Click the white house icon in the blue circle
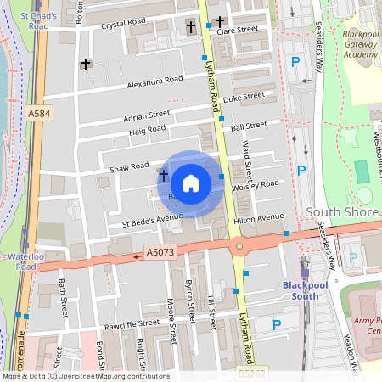tap(191, 183)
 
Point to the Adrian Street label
tap(146, 115)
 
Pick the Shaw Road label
tap(129, 167)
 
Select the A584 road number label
tap(38, 113)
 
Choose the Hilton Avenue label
tap(258, 218)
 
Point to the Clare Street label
tap(237, 30)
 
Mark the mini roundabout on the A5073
tap(240, 248)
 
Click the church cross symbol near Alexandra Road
tap(85, 64)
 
